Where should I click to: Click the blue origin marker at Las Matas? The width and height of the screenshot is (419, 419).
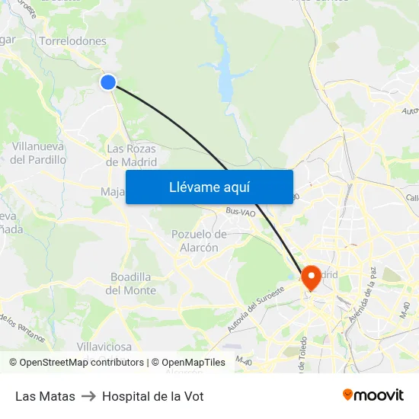(x=108, y=82)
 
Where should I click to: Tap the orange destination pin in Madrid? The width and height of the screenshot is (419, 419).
(x=311, y=277)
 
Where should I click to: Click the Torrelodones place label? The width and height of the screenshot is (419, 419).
(x=72, y=41)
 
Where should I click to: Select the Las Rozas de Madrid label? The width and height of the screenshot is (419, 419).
(x=132, y=155)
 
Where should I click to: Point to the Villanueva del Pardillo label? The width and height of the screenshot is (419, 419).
(x=38, y=153)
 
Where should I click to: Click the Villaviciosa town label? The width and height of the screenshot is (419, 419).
(x=110, y=347)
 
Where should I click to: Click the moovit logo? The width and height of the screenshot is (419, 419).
(x=373, y=395)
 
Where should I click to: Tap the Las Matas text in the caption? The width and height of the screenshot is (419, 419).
(x=45, y=396)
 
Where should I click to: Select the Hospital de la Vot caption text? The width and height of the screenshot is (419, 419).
(x=152, y=396)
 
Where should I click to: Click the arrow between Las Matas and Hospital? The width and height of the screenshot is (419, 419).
(x=88, y=396)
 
